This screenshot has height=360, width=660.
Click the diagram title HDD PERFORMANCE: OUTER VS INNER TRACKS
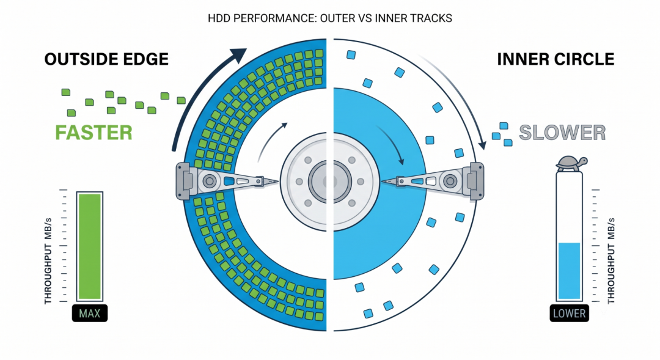[330, 18]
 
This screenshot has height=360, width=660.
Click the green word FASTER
[94, 133]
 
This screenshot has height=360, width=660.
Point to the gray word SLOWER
[562, 133]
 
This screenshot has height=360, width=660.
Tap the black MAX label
[90, 314]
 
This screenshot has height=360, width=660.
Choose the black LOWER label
[569, 314]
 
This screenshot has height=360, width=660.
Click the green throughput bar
[90, 246]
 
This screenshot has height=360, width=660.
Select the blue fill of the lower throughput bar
[569, 271]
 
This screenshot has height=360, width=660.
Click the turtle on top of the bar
[571, 163]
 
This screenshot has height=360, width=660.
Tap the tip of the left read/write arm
[277, 182]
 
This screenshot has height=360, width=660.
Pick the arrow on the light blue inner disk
[392, 143]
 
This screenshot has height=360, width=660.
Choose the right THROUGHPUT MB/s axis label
[611, 261]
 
